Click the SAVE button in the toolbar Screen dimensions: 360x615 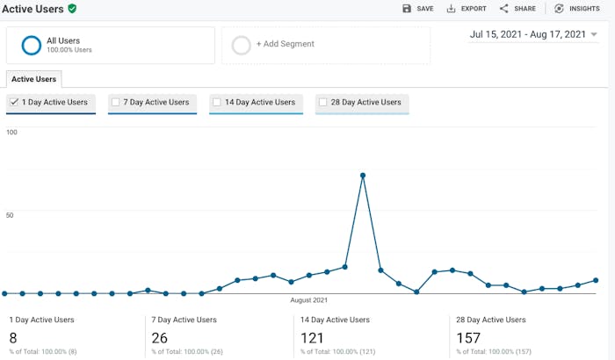[x=417, y=9]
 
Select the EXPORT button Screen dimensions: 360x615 [x=466, y=9]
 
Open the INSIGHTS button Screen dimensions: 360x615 [x=576, y=9]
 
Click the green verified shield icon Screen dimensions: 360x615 [x=72, y=8]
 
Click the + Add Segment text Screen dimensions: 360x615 [x=285, y=44]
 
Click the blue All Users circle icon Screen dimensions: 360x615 [x=32, y=45]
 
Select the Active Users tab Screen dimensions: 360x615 [x=33, y=79]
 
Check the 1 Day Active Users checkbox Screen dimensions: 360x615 [x=14, y=103]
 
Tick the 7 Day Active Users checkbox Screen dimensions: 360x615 [x=115, y=103]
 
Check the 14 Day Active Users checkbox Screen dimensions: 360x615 [x=216, y=103]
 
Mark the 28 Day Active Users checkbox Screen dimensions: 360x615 [x=322, y=103]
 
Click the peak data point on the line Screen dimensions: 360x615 [x=363, y=176]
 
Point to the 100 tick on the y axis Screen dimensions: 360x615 [x=11, y=132]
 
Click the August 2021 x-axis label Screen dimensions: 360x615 [x=308, y=300]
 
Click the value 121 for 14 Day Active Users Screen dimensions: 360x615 [x=312, y=338]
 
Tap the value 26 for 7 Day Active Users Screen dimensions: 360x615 [x=159, y=338]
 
